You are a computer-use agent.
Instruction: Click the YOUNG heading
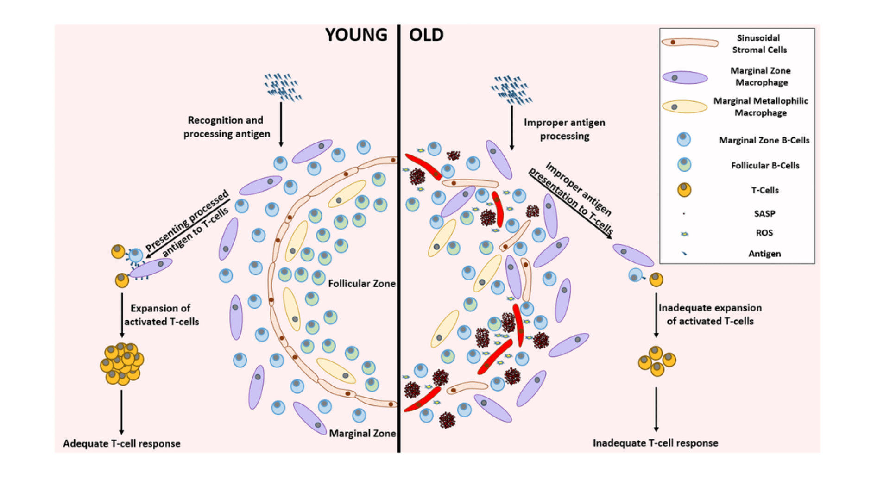356,35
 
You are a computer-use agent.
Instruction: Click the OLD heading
426,35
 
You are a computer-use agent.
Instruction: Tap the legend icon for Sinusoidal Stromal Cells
689,43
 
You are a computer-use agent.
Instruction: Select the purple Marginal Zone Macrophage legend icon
685,77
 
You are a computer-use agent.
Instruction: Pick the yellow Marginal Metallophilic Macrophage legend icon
684,107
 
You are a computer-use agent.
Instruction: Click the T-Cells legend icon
684,190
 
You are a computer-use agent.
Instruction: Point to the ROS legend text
764,233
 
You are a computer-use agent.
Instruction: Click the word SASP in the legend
764,214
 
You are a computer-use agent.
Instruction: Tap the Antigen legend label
764,254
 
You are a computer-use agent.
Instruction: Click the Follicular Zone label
361,284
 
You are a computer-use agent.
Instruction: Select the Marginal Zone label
362,434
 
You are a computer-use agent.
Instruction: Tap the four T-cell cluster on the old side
656,361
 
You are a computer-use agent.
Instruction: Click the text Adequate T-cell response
121,443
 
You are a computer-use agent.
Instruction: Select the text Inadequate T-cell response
655,443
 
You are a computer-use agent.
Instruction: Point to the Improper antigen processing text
564,129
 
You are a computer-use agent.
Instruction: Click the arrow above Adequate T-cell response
121,411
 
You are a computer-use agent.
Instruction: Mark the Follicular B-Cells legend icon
684,165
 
